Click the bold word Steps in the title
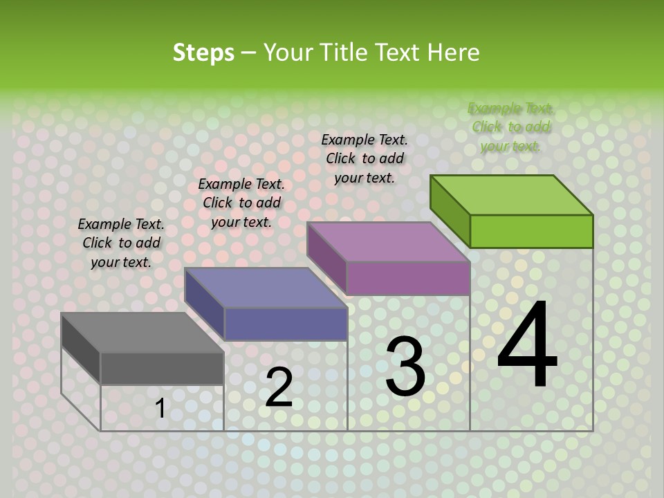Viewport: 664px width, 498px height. click(x=203, y=53)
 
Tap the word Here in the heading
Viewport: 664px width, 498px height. click(x=453, y=53)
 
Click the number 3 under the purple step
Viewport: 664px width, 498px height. click(x=405, y=366)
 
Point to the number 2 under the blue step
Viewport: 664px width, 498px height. click(x=279, y=387)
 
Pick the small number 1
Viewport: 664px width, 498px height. click(x=160, y=408)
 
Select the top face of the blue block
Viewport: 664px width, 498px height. click(x=266, y=288)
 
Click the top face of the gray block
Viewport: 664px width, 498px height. click(x=142, y=333)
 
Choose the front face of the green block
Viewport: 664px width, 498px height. click(x=531, y=231)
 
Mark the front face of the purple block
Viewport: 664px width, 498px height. click(x=408, y=278)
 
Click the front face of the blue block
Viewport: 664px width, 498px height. click(x=286, y=324)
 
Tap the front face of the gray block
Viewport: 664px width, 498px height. click(x=162, y=368)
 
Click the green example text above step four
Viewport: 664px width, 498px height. click(x=510, y=127)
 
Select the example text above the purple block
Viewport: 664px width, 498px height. click(x=365, y=158)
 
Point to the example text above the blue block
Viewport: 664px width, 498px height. click(x=241, y=203)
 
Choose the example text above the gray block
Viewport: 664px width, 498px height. click(x=121, y=243)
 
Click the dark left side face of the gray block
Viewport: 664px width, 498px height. click(x=81, y=349)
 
